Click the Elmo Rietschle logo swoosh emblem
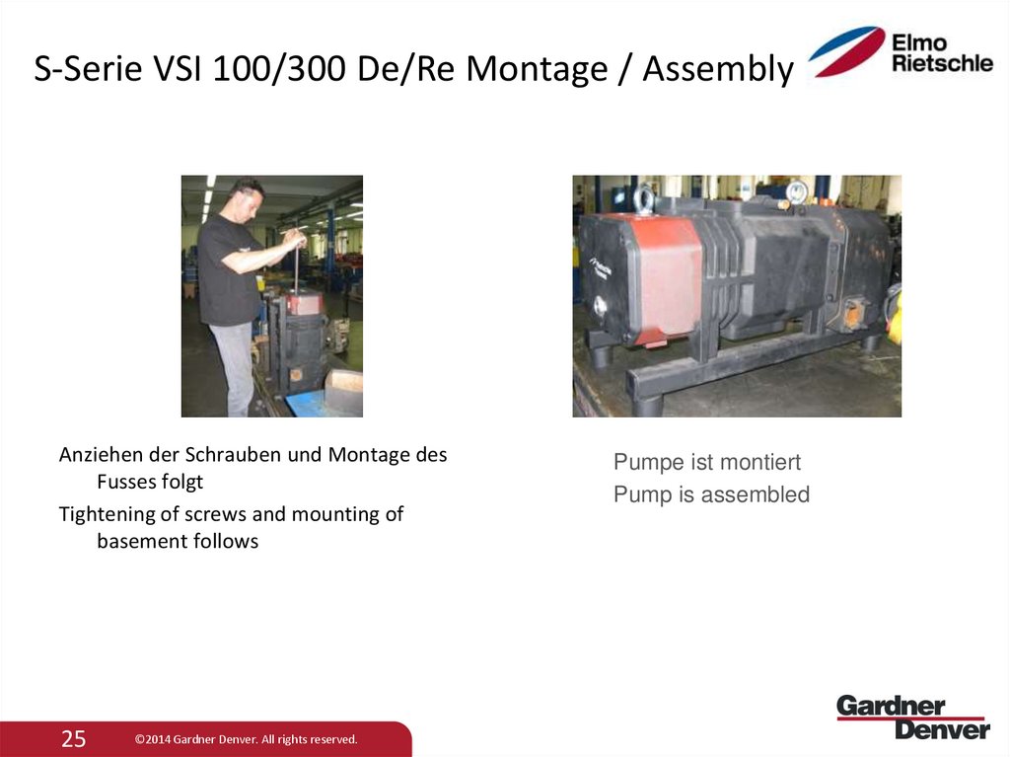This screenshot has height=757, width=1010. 846,52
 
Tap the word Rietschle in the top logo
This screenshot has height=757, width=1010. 942,63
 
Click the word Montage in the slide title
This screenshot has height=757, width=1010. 538,69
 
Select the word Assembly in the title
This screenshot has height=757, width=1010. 716,69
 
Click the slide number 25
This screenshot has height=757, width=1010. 74,738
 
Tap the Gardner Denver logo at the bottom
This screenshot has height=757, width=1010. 912,718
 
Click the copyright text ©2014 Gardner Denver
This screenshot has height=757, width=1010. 246,739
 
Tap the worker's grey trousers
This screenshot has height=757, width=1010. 235,365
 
